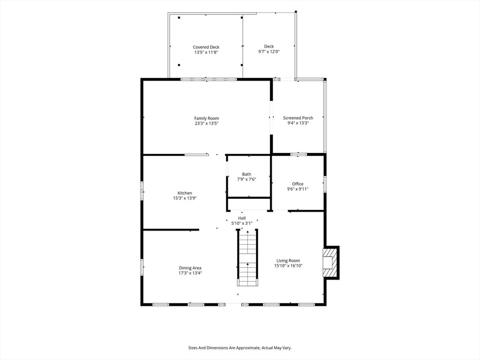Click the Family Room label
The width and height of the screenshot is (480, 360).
[x=207, y=118]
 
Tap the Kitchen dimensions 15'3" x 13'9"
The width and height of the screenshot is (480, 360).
[x=185, y=198]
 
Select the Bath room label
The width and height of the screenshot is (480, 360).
[x=247, y=174]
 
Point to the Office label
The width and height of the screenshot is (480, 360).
[x=298, y=184]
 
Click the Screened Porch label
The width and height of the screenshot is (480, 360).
[x=298, y=118]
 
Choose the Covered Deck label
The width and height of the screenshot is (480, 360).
[x=206, y=47]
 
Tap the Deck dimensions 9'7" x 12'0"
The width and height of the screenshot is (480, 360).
[x=269, y=52]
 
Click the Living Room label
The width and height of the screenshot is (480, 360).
[x=288, y=261]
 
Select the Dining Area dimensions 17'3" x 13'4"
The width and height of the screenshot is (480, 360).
[x=190, y=273]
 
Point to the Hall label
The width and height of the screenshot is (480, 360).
[x=242, y=218]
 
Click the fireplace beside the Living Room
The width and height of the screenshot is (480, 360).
[x=331, y=262]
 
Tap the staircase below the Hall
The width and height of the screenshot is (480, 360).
[x=247, y=257]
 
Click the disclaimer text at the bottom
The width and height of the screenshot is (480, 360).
[x=240, y=348]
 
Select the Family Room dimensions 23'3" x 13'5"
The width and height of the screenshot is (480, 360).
[x=207, y=123]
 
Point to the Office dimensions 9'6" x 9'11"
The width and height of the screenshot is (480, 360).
[x=298, y=189]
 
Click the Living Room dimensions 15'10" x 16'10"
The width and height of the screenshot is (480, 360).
[x=288, y=266]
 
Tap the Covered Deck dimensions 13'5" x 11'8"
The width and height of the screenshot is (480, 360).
[x=206, y=52]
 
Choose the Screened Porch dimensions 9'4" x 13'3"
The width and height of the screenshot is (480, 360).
[x=298, y=123]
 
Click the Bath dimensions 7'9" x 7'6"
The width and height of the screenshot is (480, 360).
[x=247, y=180]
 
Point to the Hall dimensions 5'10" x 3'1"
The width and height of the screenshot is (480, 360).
[x=242, y=224]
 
